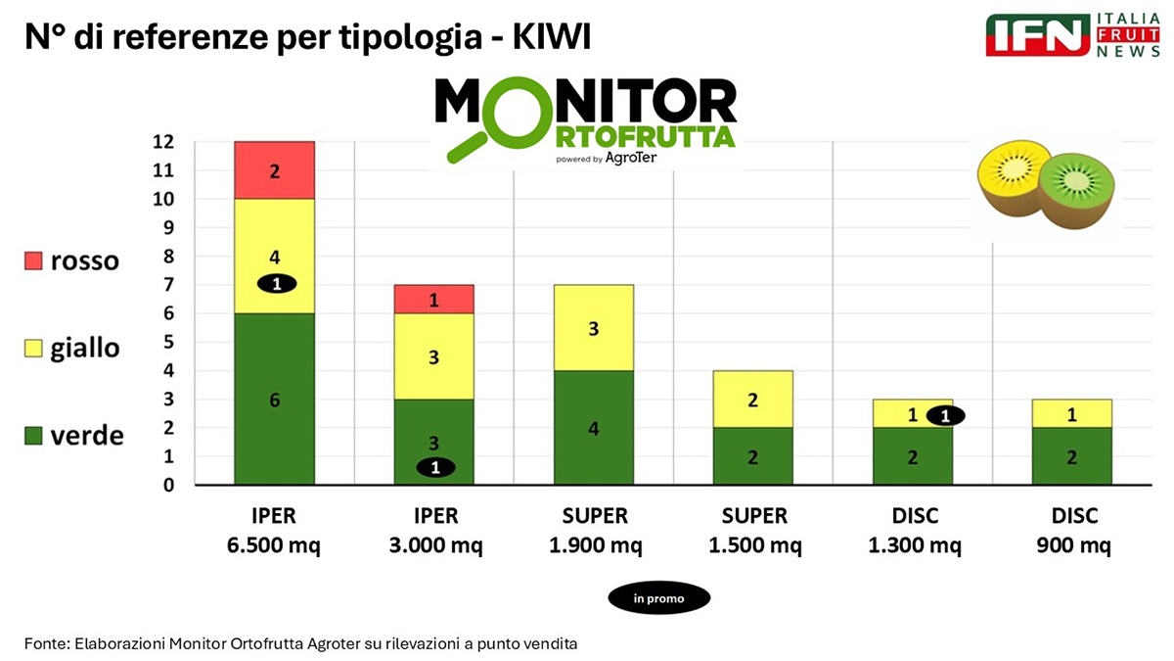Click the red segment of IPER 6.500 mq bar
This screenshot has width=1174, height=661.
coord(274,170)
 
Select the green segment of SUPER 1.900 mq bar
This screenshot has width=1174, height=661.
coord(593,427)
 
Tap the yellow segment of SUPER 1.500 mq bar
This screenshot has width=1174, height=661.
coord(752,400)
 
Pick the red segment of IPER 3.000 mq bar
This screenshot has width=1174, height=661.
coord(433,300)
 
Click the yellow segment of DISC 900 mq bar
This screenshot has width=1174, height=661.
coord(1071,414)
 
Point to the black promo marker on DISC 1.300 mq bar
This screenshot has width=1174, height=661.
coord(945,415)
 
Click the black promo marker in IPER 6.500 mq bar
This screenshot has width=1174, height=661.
coord(276,284)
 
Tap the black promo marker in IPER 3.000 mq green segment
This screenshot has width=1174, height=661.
coord(435,468)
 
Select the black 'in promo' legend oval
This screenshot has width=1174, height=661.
coord(658,597)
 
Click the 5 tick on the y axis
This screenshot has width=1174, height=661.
coord(168,343)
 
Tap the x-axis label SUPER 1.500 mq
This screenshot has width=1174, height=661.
coord(752,531)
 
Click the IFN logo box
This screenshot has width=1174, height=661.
coord(1038,35)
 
